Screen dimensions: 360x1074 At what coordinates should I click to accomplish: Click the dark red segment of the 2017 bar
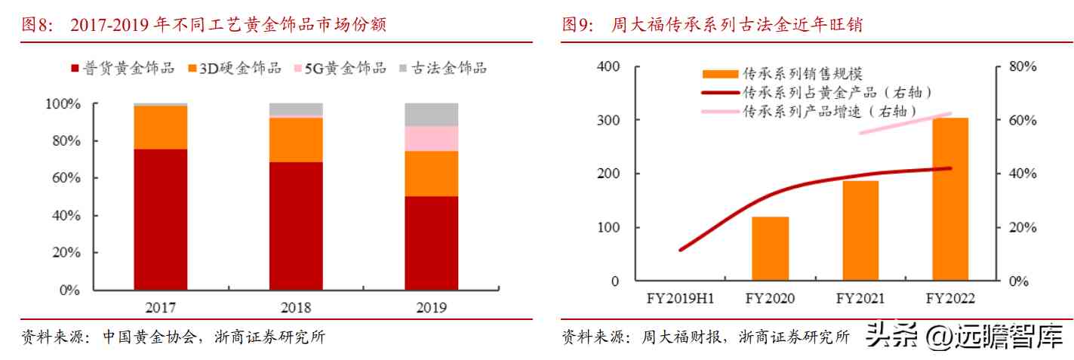160,219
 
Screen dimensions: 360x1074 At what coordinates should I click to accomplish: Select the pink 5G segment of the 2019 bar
431,138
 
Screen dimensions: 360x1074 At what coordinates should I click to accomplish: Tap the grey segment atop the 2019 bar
431,114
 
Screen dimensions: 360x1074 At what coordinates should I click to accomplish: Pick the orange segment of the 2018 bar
296,140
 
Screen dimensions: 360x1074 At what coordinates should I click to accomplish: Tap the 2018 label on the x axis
296,307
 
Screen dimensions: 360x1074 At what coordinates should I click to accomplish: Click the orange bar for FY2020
770,249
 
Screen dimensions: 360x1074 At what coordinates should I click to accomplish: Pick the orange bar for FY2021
860,231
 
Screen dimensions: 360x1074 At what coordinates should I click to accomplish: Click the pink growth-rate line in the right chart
906,124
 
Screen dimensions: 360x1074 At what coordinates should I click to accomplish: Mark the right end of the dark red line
949,168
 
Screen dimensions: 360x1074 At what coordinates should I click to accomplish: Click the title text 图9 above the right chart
579,25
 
